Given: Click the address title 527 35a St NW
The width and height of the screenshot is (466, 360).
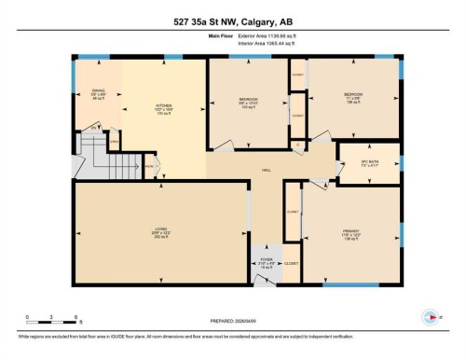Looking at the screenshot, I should (x=232, y=21).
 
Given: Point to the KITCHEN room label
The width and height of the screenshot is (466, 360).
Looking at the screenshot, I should (x=164, y=109).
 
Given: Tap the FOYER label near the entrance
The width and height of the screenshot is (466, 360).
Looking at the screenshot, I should (x=266, y=261).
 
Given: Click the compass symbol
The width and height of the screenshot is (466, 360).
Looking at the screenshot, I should (x=429, y=315).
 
